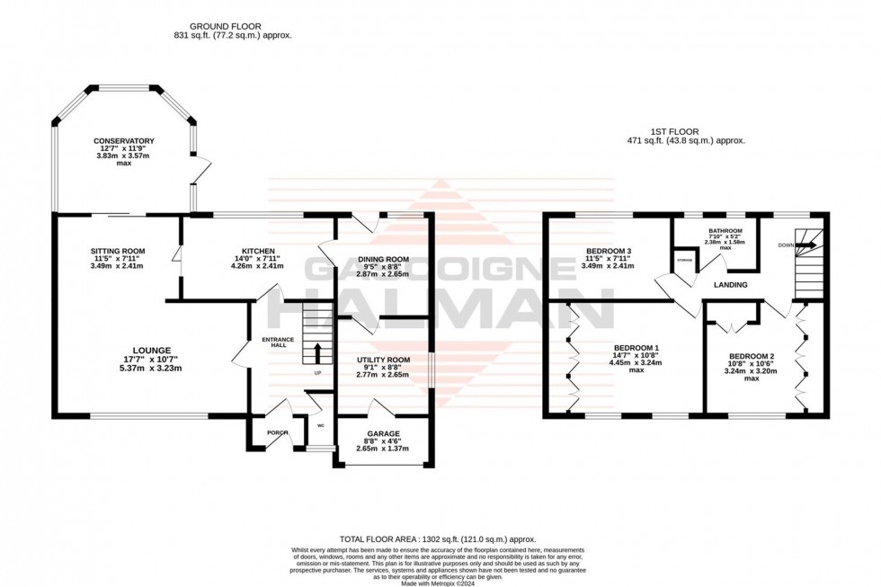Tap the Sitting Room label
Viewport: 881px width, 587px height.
click(x=117, y=251)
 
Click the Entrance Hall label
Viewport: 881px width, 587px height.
click(x=278, y=342)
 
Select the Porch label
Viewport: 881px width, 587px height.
click(x=277, y=433)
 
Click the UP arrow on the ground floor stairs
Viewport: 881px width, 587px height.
click(x=316, y=352)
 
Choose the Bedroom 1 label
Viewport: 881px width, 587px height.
click(x=636, y=348)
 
